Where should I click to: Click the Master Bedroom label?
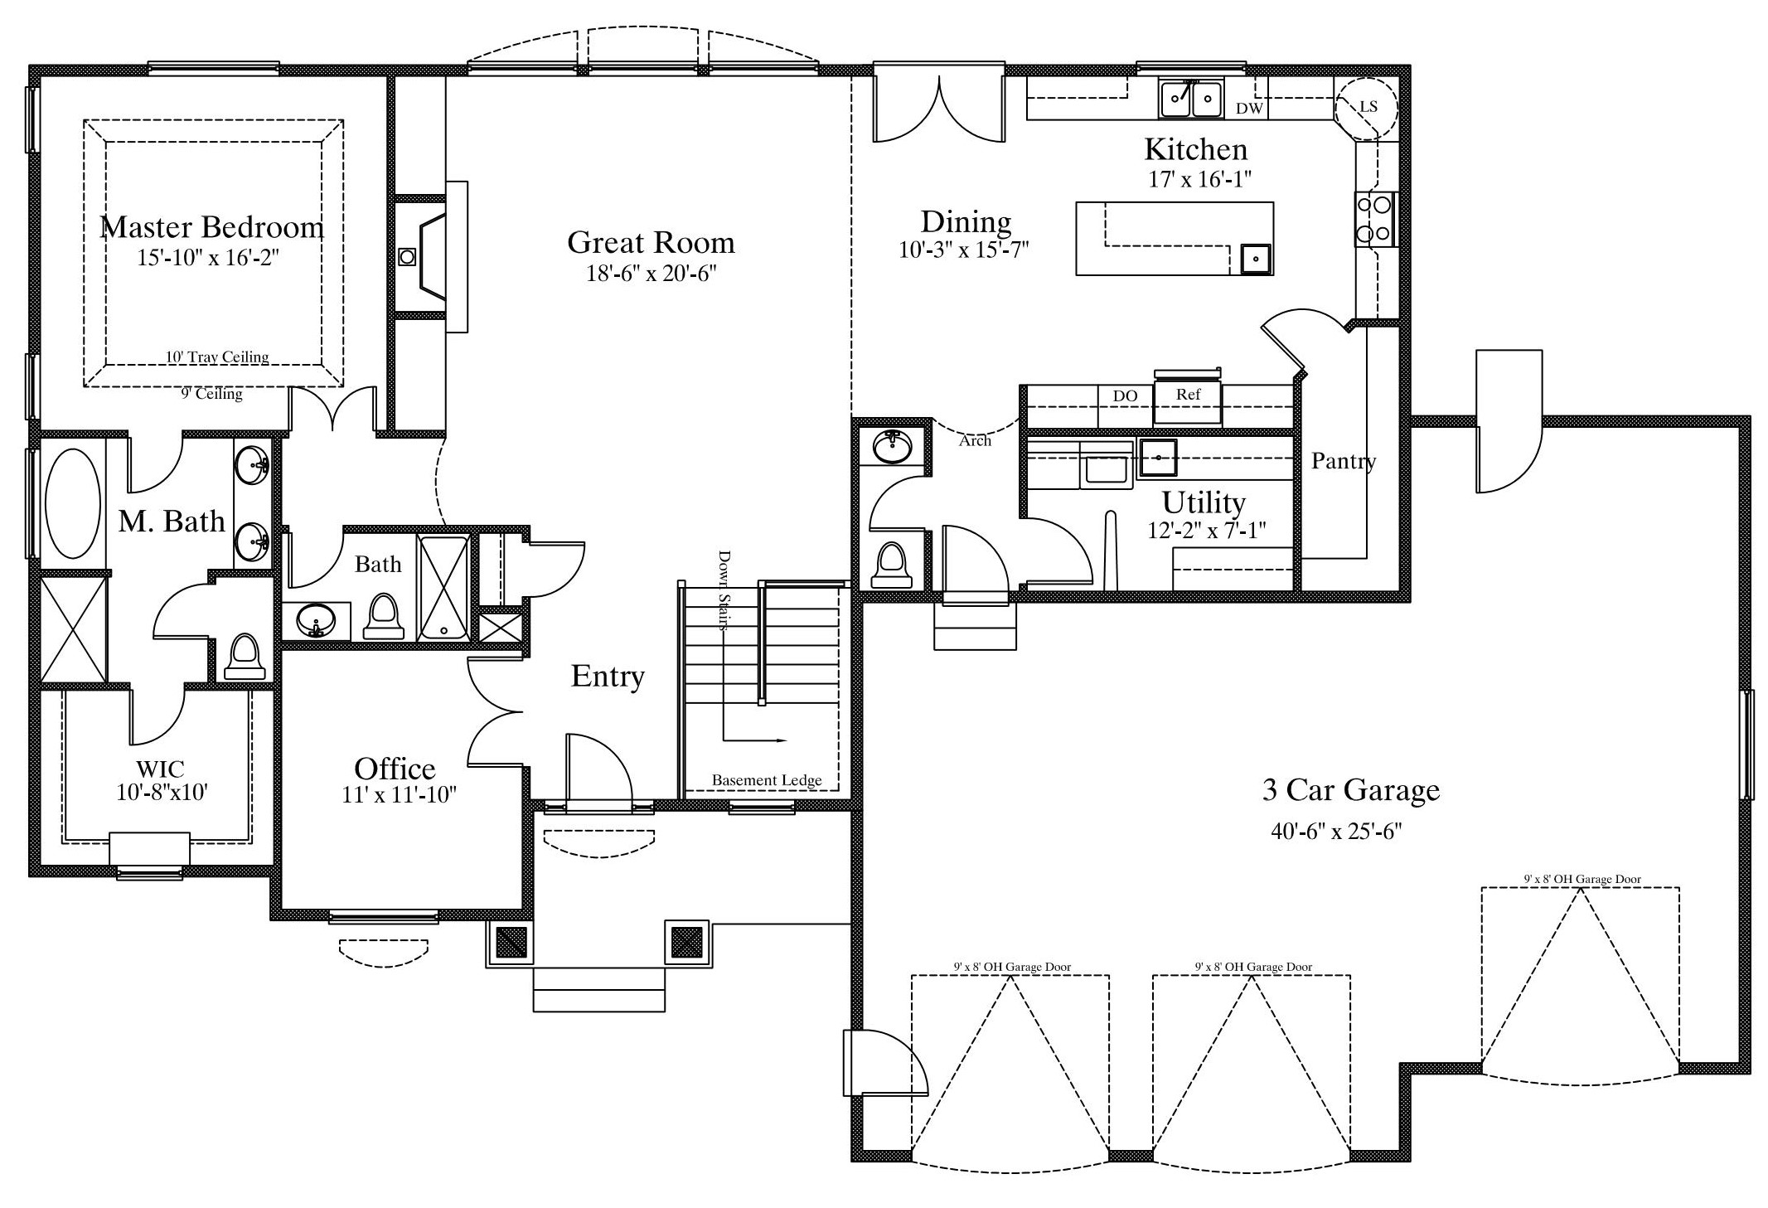[211, 227]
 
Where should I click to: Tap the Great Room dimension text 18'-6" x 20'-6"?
[651, 274]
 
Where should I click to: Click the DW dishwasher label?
[1249, 109]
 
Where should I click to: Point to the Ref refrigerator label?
[1188, 395]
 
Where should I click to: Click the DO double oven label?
[1125, 396]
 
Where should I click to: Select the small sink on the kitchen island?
[1257, 259]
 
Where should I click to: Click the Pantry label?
[1344, 462]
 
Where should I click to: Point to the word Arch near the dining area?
[975, 441]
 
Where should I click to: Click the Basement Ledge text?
[767, 780]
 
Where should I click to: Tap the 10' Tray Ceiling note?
[217, 357]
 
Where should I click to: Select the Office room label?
[395, 769]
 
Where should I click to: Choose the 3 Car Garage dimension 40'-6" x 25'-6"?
[1336, 831]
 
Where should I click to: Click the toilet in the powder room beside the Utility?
[892, 564]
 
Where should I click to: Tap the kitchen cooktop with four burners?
[1375, 219]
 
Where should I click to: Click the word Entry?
[608, 677]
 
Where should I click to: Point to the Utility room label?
[1204, 503]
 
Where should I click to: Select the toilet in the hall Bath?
[384, 616]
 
